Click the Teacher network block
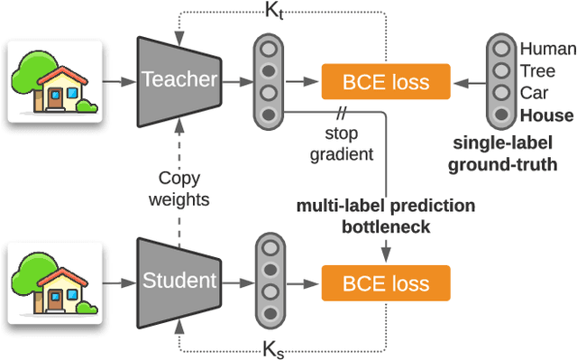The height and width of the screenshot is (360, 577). pos(179,80)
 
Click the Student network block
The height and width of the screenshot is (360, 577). pos(179,281)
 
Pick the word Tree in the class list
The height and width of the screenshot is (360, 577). pos(538,69)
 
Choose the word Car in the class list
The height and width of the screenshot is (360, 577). pos(535,92)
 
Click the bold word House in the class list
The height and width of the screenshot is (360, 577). pos(546,115)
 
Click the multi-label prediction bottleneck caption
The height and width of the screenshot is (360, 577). pos(386,216)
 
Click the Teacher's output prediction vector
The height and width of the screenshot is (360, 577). pos(268,80)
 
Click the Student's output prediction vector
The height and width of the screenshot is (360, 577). pos(268,281)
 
